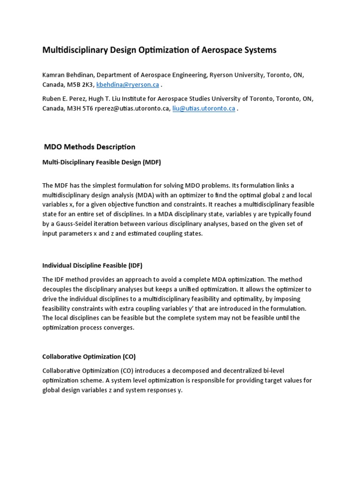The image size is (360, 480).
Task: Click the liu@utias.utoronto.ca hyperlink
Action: click(203, 109)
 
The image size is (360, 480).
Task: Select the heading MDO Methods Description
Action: click(90, 147)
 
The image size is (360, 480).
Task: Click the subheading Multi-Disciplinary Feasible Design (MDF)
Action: click(102, 163)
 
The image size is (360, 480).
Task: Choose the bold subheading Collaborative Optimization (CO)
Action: click(89, 356)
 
